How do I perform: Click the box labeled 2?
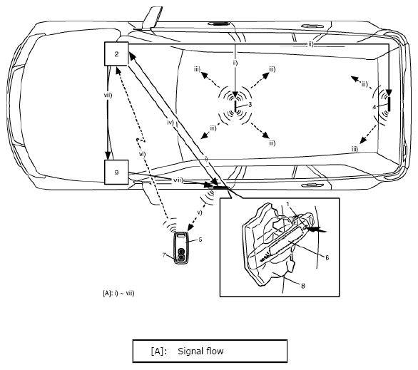(x=116, y=53)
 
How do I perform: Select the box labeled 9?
(x=116, y=172)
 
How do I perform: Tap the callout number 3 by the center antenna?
(x=250, y=104)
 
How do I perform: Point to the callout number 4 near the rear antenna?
(x=374, y=107)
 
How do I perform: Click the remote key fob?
(x=181, y=247)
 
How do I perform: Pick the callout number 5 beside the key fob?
(x=200, y=240)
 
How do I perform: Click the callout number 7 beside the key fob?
(x=164, y=255)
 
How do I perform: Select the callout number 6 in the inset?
(x=327, y=257)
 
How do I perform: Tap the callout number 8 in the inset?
(x=303, y=286)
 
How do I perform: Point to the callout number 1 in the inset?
(x=288, y=204)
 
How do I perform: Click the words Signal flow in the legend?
(x=200, y=351)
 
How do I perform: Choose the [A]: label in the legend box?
(x=159, y=351)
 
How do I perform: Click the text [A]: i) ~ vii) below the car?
(x=118, y=293)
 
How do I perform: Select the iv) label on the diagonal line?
(x=170, y=123)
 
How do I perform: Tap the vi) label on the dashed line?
(x=143, y=154)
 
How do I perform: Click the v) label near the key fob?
(x=200, y=212)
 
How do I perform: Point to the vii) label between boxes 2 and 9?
(x=108, y=95)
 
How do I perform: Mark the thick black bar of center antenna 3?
(x=235, y=107)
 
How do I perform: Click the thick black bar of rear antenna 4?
(x=389, y=104)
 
